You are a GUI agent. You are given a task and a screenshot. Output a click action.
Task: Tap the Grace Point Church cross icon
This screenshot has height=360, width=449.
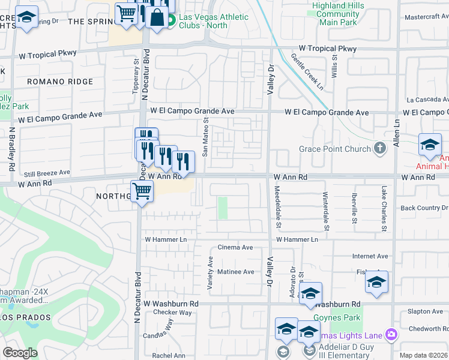point(379,148)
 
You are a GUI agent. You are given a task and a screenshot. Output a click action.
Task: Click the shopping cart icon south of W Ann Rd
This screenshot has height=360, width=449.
point(142,192)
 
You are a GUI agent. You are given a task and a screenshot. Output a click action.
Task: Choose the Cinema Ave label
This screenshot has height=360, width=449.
point(235,247)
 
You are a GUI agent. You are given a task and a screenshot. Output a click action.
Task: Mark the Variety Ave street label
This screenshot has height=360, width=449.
point(210,274)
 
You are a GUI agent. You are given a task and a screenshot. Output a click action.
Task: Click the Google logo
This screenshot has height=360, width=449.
point(20,353)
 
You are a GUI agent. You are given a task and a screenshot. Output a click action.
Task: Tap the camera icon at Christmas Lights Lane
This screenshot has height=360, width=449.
point(391,334)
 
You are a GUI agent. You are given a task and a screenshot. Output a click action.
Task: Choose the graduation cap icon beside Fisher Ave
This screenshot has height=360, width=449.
point(376,283)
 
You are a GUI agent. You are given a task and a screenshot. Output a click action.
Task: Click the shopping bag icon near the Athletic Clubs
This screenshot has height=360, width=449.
point(157,17)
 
